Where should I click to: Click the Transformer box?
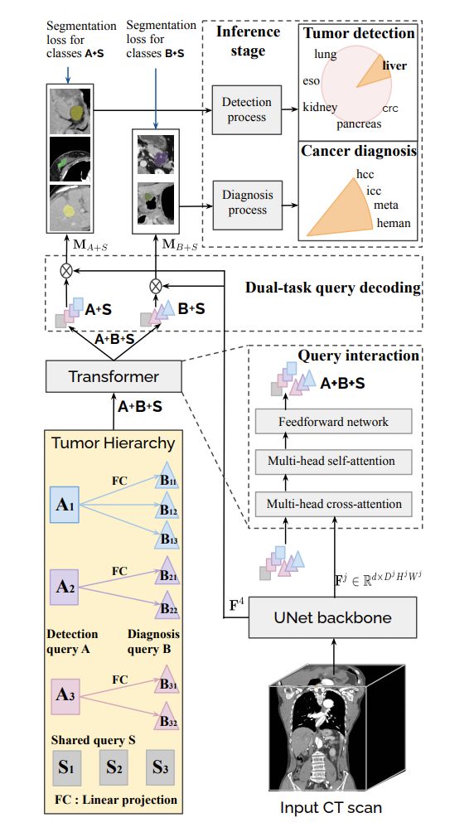coord(114,377)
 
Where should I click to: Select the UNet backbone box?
coord(333,617)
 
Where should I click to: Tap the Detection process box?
coord(246,109)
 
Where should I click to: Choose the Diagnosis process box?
coord(246,203)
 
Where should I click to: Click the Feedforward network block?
coord(334,423)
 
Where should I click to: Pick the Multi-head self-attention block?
coord(334,461)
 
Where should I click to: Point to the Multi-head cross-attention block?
coord(334,504)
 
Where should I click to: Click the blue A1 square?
coord(65,505)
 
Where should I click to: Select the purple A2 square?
coord(65,588)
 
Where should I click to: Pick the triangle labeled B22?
coord(167,606)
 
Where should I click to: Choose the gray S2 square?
coord(114,767)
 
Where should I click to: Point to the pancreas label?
coord(358,123)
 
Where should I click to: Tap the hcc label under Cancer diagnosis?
coord(365,173)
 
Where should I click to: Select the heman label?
coord(394,223)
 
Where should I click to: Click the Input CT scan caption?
coord(331,808)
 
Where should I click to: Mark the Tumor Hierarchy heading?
coord(113,443)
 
